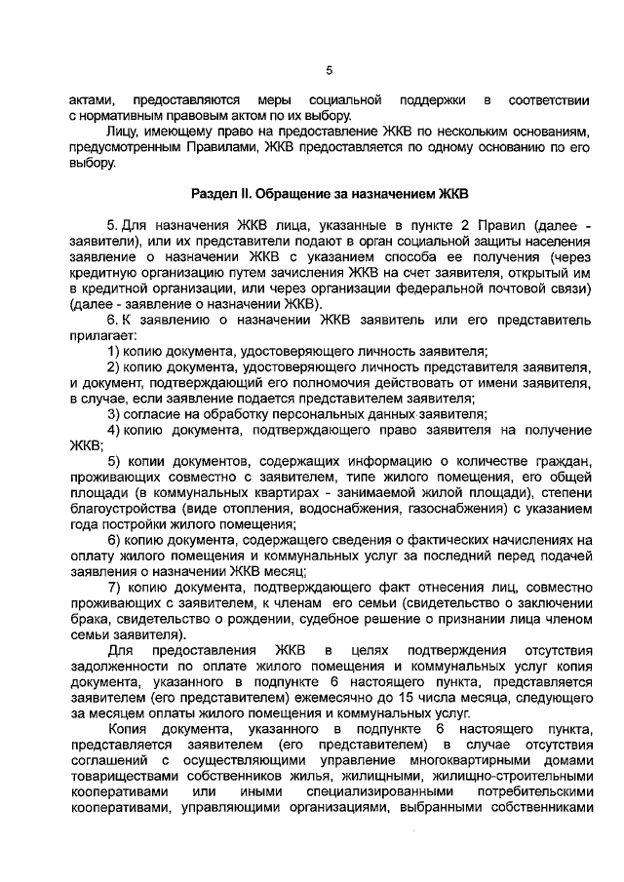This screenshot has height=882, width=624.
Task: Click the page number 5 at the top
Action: click(x=329, y=70)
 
